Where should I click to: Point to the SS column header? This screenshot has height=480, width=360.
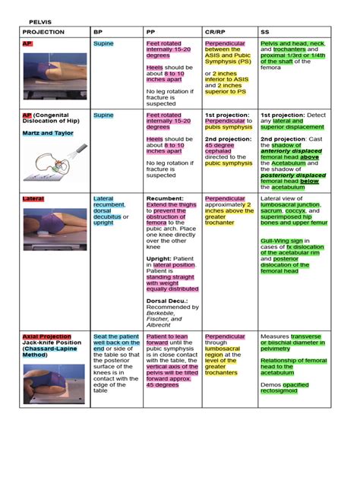pyautogui.click(x=267, y=33)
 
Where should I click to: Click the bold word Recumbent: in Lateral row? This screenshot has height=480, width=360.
pyautogui.click(x=166, y=198)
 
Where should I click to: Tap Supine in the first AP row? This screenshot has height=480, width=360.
pyautogui.click(x=103, y=44)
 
